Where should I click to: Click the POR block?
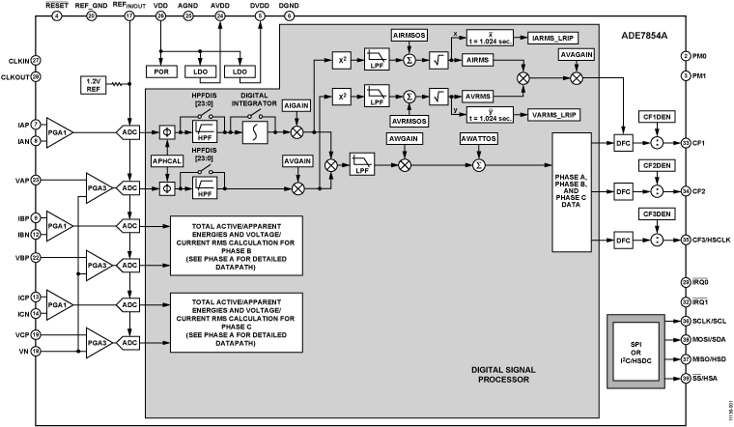tap(159, 71)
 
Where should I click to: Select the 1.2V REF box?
tap(95, 84)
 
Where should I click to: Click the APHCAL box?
tap(166, 157)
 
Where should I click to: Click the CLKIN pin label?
tap(14, 60)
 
